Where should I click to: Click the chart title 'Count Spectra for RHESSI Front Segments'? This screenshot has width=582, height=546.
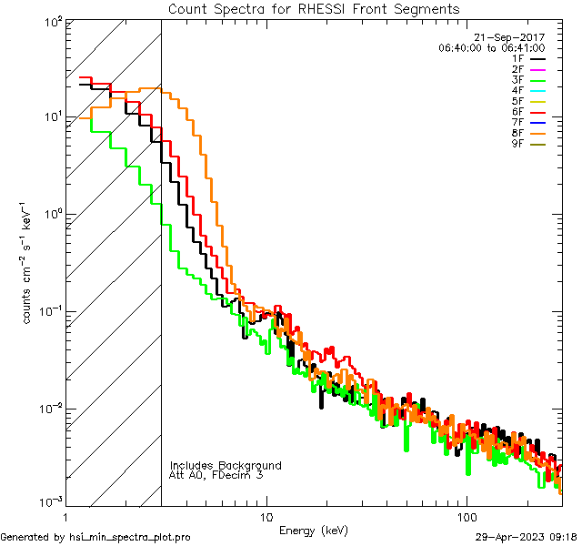point(314,8)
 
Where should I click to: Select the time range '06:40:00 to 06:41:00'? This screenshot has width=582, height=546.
point(491,48)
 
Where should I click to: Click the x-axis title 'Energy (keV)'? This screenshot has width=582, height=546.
point(313,531)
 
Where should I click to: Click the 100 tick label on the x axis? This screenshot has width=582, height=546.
point(466,517)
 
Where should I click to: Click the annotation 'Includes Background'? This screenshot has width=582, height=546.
point(226,465)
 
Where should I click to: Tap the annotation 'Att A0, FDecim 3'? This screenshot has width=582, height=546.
point(216,475)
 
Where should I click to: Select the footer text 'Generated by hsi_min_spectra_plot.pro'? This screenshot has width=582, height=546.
point(96,537)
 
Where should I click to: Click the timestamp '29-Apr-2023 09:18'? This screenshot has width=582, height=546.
point(526,537)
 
